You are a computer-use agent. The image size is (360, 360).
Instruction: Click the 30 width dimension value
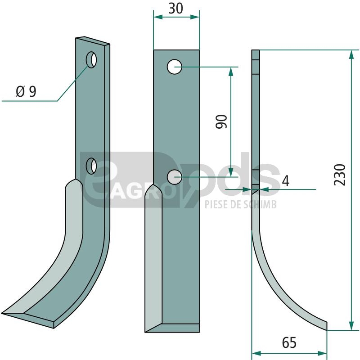pyautogui.click(x=176, y=9)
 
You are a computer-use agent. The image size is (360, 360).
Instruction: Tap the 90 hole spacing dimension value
pyautogui.click(x=221, y=121)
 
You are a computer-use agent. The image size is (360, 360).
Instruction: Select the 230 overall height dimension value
pyautogui.click(x=340, y=171)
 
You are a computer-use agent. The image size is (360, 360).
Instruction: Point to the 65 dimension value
pyautogui.click(x=289, y=343)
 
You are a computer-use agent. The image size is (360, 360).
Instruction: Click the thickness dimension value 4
pyautogui.click(x=286, y=181)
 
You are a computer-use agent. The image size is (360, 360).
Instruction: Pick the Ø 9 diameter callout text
pyautogui.click(x=26, y=91)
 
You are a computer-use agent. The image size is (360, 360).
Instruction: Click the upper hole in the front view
pyautogui.click(x=175, y=67)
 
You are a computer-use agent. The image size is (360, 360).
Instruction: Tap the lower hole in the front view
pyautogui.click(x=175, y=177)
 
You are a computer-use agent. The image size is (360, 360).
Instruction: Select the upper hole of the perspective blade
pyautogui.click(x=91, y=60)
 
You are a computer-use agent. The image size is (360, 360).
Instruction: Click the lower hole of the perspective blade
pyautogui.click(x=91, y=166)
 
